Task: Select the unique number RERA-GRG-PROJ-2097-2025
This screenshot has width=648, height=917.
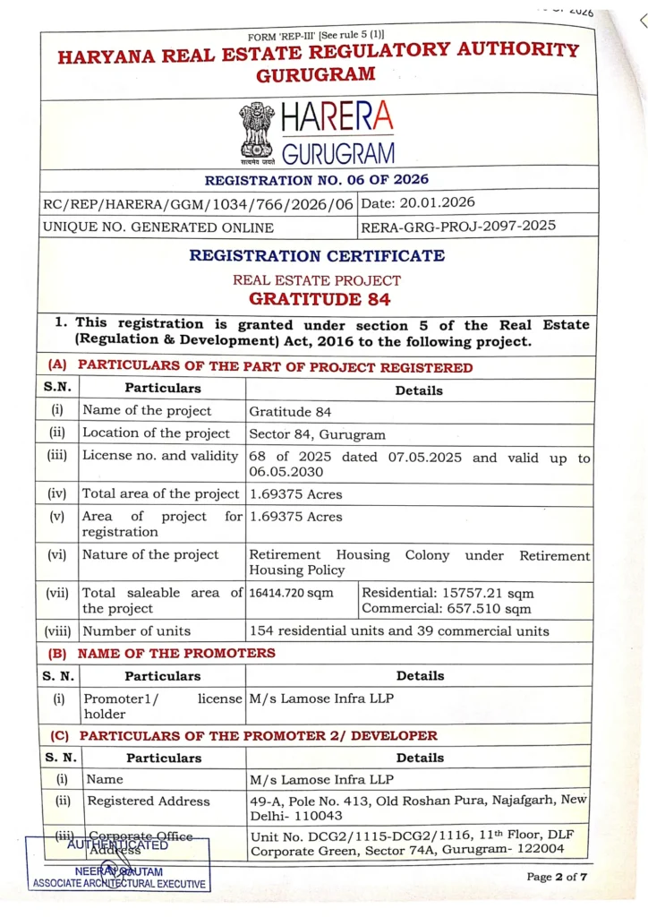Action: (457, 226)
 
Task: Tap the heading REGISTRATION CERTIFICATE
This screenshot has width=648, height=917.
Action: (316, 255)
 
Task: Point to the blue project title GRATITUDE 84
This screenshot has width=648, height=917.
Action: (320, 299)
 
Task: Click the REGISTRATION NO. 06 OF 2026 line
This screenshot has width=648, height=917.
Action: (318, 179)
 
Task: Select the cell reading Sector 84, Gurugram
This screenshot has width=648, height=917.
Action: (318, 434)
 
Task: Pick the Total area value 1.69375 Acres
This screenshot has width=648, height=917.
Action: (295, 493)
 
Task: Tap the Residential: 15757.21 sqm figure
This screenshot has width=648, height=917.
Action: (448, 593)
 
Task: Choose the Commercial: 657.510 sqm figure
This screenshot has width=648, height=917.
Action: (446, 608)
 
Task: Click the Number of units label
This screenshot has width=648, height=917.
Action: (136, 630)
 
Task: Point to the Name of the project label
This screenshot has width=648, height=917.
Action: (147, 411)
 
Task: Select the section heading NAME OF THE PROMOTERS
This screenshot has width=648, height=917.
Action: (176, 653)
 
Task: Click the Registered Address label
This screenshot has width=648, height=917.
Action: (149, 801)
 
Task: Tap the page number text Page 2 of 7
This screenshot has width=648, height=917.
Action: (557, 876)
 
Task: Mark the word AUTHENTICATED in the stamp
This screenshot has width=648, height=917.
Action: (117, 844)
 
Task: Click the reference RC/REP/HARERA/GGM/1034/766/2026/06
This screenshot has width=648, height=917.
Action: (198, 203)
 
